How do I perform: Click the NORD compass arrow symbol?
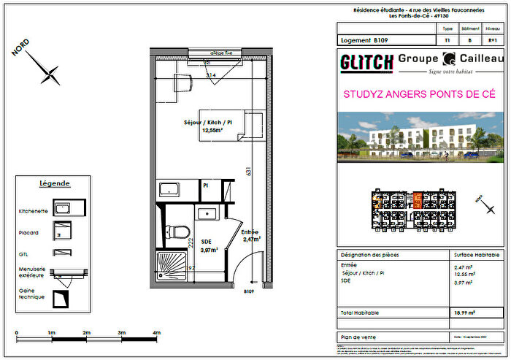click(50, 72)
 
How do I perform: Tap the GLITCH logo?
click(366, 63)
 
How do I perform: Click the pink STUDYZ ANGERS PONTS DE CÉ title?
click(419, 94)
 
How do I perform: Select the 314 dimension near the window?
click(210, 76)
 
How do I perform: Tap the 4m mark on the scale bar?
click(156, 334)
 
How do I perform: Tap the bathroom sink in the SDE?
click(207, 212)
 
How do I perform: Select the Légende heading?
click(55, 183)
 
